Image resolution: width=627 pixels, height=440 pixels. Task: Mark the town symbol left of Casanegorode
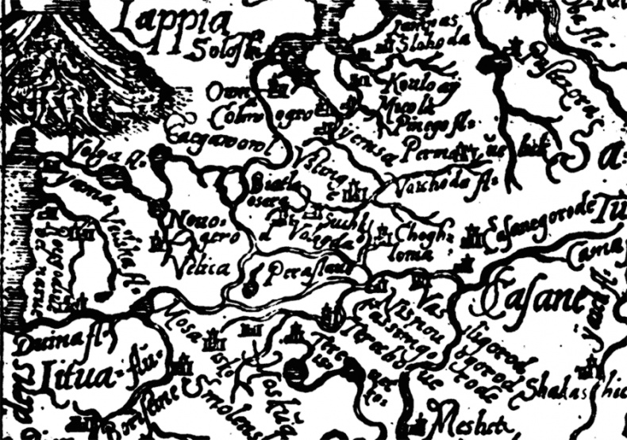tap(475, 234)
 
